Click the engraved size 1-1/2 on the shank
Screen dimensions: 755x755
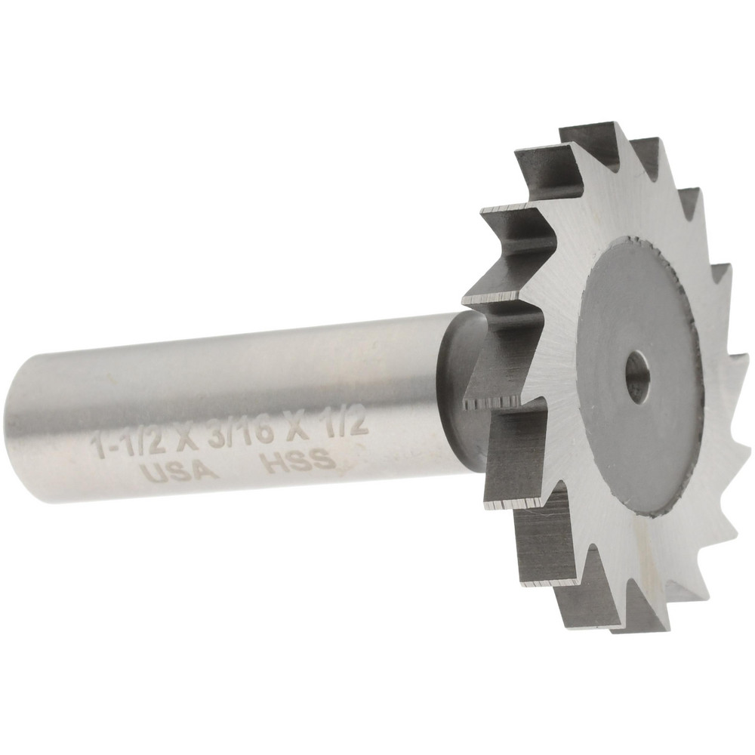128,443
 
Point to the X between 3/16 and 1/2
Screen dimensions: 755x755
297,426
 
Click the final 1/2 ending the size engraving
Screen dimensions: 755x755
346,423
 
